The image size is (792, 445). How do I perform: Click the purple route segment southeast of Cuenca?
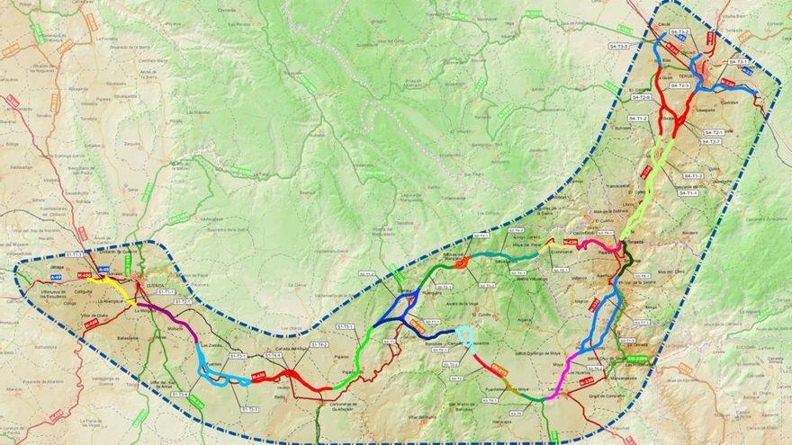click(171, 317)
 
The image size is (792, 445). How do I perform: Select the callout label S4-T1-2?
click(638, 119)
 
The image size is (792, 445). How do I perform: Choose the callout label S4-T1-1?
click(688, 191)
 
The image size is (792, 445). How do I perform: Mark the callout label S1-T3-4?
click(179, 394)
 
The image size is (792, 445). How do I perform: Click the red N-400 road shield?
click(85, 275)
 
